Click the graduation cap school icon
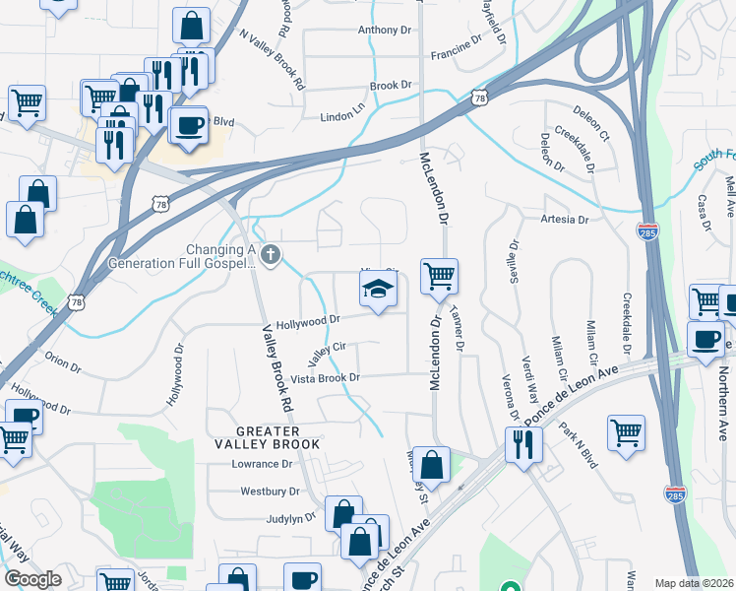tap(376, 291)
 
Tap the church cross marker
tap(271, 256)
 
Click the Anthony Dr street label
tap(384, 31)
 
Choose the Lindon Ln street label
tap(342, 117)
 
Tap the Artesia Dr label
tap(563, 221)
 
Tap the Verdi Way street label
tap(530, 377)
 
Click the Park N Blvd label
tap(579, 445)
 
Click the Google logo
tap(32, 579)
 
